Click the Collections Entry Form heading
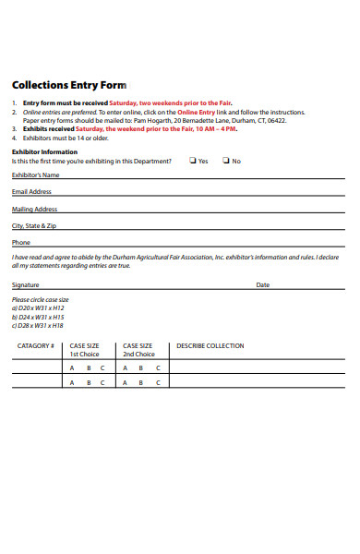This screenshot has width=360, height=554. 69,84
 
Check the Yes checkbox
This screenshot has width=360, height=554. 192,161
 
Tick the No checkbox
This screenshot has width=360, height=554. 225,161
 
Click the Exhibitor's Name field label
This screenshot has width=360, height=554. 35,175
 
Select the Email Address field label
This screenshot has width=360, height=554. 31,192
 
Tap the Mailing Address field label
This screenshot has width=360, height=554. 34,210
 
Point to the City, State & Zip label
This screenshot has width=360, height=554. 34,226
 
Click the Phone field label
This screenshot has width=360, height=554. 20,243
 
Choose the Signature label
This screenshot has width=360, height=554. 26,285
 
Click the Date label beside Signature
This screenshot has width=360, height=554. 263,285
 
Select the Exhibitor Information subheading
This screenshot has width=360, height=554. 44,151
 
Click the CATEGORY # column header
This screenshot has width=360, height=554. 36,346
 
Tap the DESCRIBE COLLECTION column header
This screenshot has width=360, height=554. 210,346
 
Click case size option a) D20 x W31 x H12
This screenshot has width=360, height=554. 38,308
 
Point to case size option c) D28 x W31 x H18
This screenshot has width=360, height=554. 38,325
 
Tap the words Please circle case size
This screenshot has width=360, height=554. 40,300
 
